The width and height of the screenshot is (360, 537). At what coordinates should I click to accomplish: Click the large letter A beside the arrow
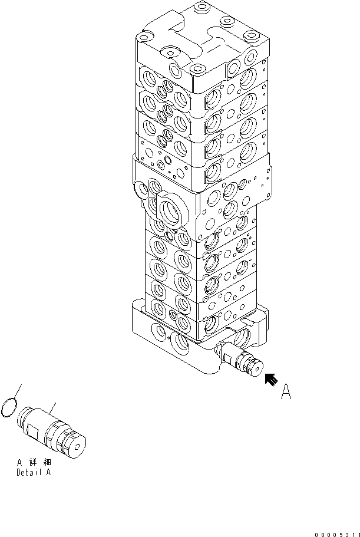286,393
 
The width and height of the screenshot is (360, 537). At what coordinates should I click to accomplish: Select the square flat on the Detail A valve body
35,435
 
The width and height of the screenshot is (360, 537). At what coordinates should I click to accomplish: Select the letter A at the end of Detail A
48,472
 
